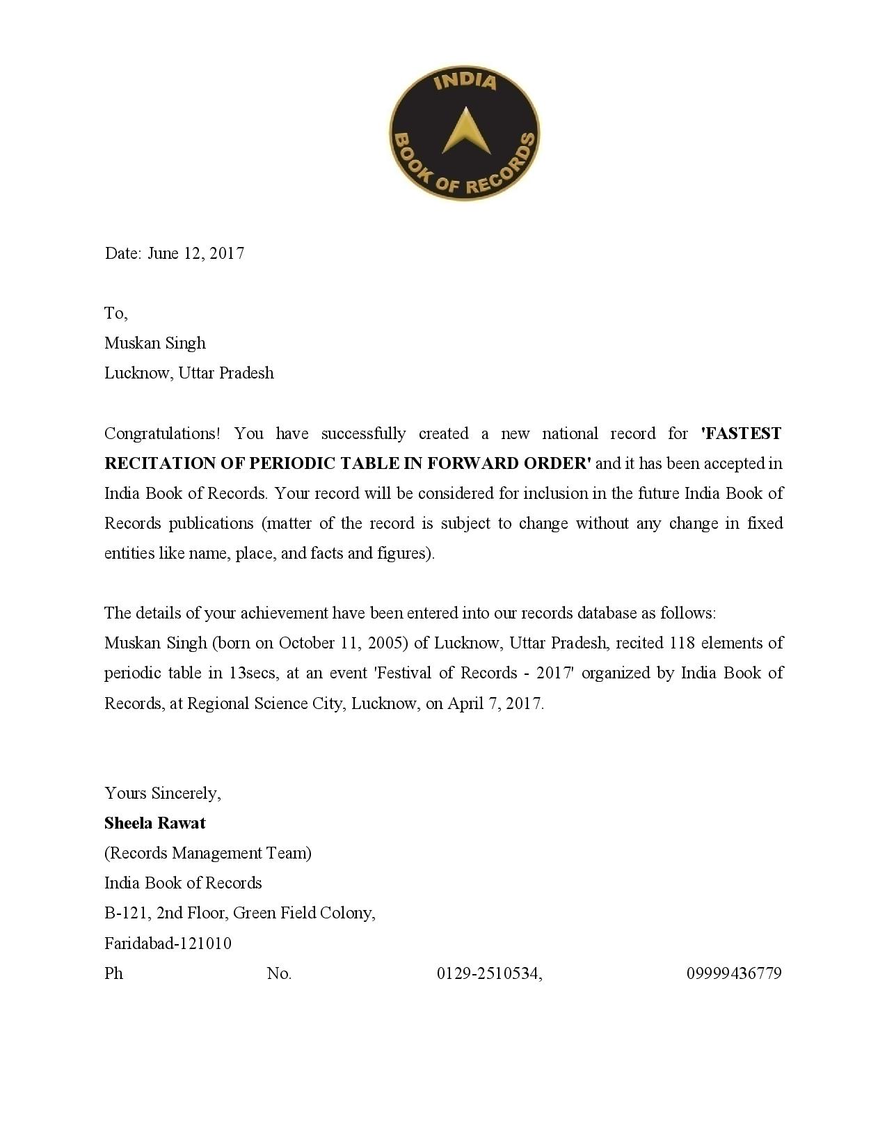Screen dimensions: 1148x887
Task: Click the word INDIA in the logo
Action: coord(465,82)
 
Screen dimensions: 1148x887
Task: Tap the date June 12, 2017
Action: coord(195,253)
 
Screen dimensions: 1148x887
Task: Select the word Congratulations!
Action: coord(162,433)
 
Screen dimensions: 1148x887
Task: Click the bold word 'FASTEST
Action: coord(741,433)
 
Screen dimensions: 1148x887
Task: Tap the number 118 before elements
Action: coord(682,643)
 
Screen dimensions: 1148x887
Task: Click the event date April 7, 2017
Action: coord(495,703)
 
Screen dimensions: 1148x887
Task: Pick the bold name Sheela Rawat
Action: coord(155,823)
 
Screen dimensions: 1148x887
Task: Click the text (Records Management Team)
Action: coord(208,853)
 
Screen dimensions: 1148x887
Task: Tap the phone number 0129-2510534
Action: coord(489,973)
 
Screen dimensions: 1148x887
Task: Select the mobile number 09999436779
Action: coord(734,973)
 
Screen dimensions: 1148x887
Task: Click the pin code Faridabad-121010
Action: coord(168,943)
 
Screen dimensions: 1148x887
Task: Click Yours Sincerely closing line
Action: coord(163,793)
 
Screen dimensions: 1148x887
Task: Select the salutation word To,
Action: coord(115,313)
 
